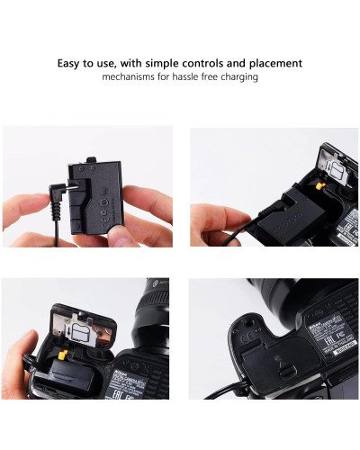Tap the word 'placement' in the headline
click(x=272, y=64)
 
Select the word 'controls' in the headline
click(x=202, y=64)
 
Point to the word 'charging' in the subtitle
click(x=238, y=77)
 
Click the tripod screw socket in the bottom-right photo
click(x=243, y=337)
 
